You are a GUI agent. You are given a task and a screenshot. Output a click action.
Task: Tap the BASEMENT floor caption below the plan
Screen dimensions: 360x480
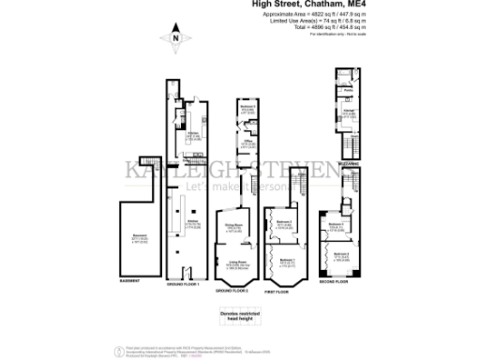[129, 281]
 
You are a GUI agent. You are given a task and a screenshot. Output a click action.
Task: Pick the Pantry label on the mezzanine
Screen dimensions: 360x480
[335, 91]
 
